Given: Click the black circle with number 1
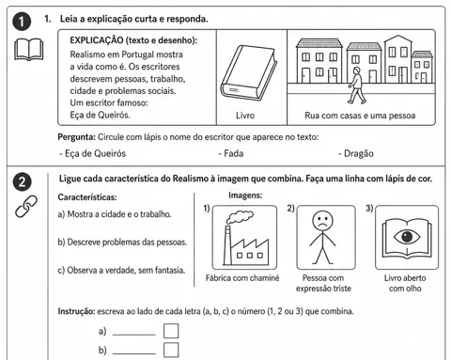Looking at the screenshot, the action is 22,22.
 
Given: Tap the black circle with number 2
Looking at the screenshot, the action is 22,182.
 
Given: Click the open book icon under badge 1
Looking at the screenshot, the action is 28,49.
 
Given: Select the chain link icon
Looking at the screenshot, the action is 26,206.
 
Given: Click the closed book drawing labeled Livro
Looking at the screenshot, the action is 249,73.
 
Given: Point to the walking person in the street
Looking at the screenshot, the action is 356,85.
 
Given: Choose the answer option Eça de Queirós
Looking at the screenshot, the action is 92,153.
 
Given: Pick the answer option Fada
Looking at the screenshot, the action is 231,153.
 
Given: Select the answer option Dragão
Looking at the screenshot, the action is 356,153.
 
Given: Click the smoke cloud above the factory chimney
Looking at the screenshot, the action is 240,216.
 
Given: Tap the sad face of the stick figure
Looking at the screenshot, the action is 322,221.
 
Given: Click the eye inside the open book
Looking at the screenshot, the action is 407,237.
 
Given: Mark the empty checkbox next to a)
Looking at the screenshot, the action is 171,331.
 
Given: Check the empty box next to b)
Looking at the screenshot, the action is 171,350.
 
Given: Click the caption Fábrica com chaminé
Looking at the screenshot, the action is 242,278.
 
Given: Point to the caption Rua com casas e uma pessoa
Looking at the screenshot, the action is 360,116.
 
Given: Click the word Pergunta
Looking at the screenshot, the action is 76,137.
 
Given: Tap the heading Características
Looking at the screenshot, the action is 87,197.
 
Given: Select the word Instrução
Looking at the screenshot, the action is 76,311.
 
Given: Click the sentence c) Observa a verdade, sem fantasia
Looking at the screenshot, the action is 121,270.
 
